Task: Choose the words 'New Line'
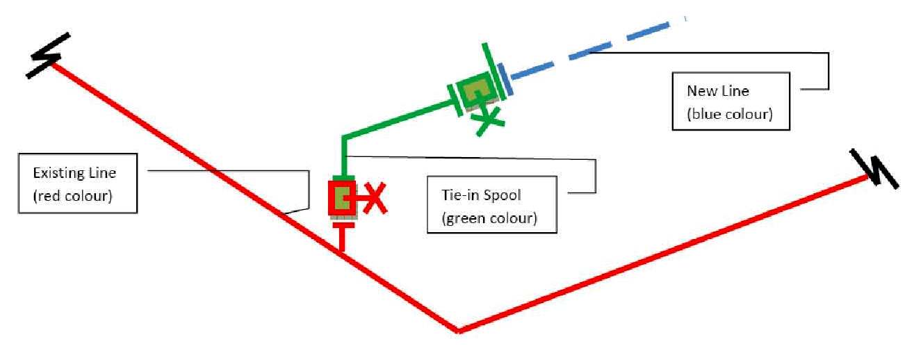click(x=718, y=91)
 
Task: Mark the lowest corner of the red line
click(x=458, y=329)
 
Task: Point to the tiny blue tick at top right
click(x=685, y=19)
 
